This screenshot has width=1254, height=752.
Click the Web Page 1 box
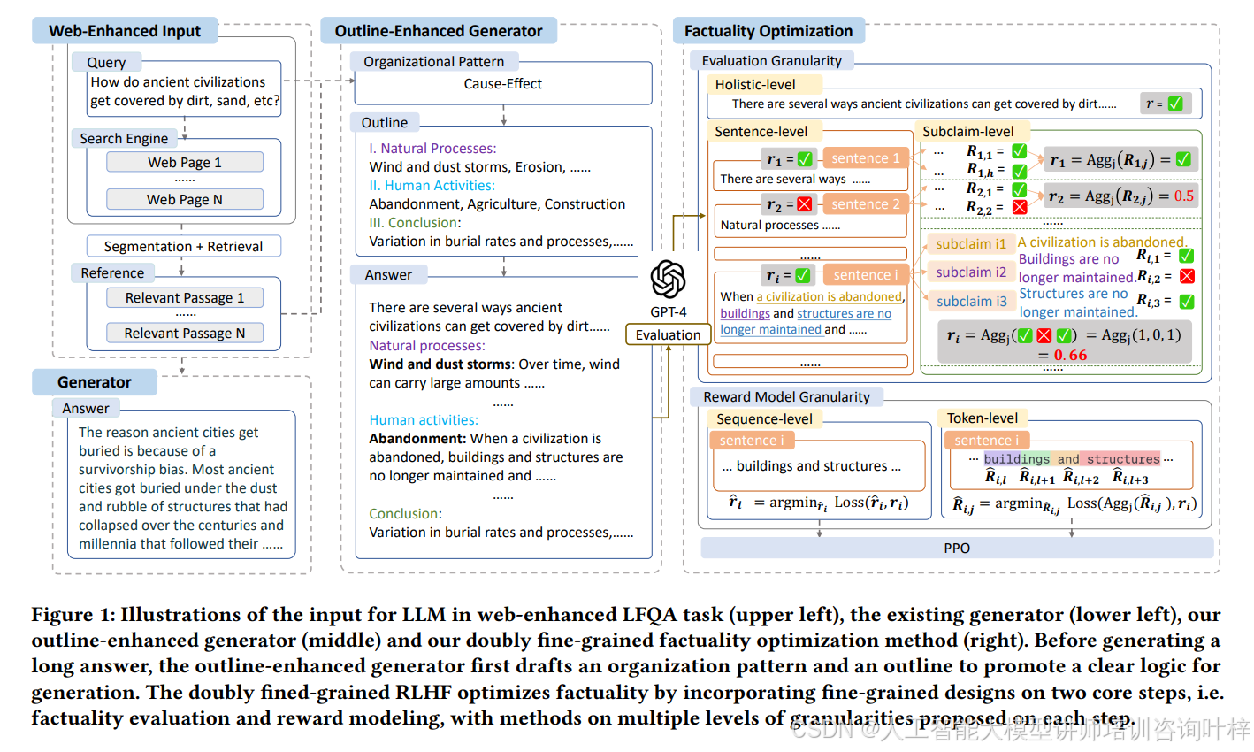click(185, 162)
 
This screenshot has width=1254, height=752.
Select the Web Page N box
click(185, 199)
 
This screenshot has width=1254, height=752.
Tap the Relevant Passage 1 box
click(185, 297)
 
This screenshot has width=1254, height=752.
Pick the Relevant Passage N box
click(185, 333)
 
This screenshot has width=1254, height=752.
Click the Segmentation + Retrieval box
click(183, 246)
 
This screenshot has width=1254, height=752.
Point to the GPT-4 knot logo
click(668, 280)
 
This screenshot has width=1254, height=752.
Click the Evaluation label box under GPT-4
click(668, 334)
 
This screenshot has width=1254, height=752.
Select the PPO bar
click(957, 548)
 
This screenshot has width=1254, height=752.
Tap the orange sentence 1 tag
click(865, 158)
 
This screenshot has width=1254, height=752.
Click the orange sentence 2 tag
click(865, 203)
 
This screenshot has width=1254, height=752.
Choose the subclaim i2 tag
click(971, 272)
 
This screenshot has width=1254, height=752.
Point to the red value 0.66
click(1070, 355)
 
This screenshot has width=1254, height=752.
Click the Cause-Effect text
click(502, 84)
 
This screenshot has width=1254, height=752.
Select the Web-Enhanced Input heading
click(125, 31)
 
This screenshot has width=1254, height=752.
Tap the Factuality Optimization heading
click(768, 31)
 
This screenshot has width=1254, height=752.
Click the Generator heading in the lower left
click(95, 382)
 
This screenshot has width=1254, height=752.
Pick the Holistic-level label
click(755, 85)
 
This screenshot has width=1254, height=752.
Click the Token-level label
click(982, 418)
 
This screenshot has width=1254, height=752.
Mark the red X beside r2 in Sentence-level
click(804, 204)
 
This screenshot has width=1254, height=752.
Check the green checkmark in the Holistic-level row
click(1174, 104)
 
